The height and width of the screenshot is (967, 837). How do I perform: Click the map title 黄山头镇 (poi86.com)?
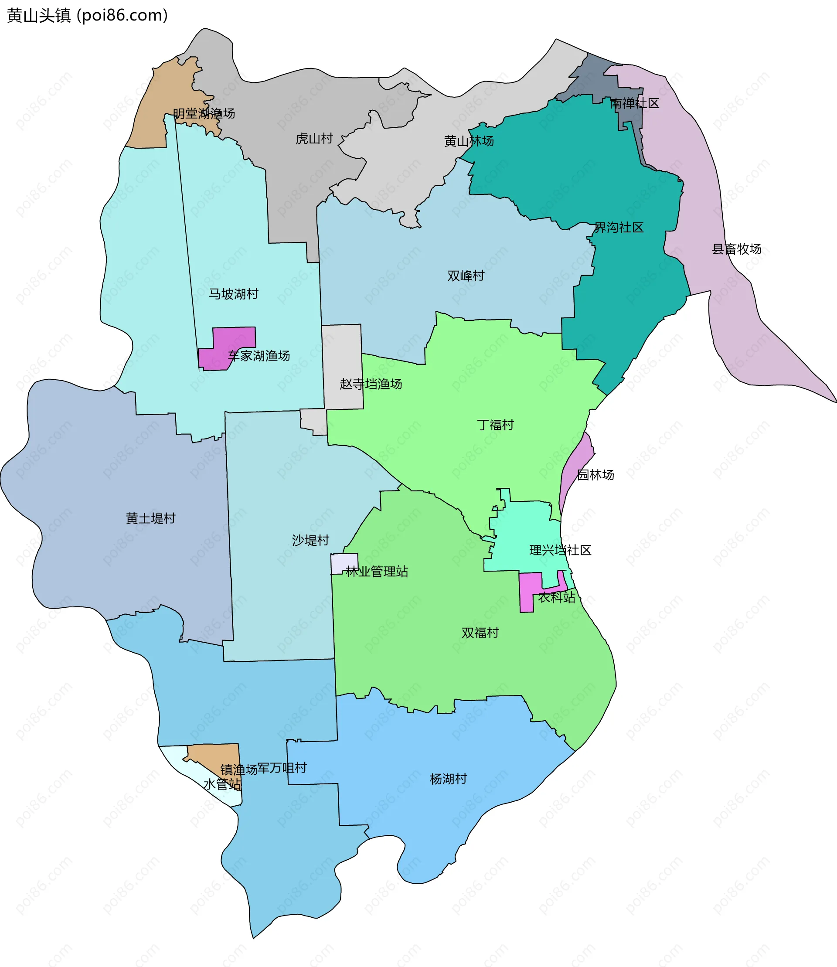coord(87,15)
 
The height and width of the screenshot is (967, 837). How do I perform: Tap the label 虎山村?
coord(314,139)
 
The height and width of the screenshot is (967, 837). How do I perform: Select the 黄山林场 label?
coord(469,141)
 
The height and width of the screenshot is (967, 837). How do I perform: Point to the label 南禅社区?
coord(634,104)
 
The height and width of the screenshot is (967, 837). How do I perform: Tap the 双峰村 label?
coord(466,276)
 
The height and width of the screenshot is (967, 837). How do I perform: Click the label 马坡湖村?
coord(233,294)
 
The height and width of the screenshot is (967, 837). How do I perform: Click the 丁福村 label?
coord(495,425)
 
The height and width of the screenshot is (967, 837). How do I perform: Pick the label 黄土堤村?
coord(150,518)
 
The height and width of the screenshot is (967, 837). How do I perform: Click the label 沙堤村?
coord(310,541)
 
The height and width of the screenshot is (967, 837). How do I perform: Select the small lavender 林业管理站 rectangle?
coord(344,562)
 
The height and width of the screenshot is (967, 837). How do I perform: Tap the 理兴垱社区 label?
coord(560,550)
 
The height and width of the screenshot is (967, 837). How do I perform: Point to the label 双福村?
coord(480,633)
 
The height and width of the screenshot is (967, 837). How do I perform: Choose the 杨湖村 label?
coord(448,779)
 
